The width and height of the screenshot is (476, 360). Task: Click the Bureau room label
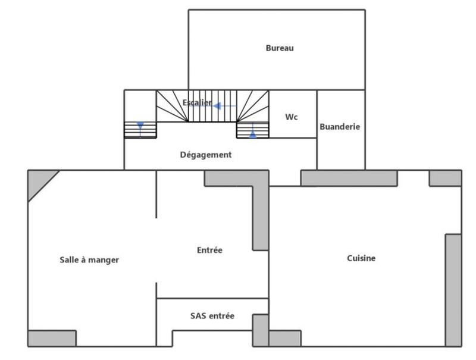(x=279, y=48)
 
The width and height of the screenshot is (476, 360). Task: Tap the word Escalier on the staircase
(x=197, y=102)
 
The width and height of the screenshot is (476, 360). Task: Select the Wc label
(x=291, y=117)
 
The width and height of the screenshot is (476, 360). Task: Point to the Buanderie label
(x=340, y=127)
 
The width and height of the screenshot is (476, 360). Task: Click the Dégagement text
(x=205, y=155)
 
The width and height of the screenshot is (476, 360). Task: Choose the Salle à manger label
(x=89, y=259)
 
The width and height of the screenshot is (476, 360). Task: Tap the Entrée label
(x=209, y=250)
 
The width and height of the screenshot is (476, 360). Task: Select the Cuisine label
(x=361, y=258)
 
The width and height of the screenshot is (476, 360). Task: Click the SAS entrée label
(x=212, y=316)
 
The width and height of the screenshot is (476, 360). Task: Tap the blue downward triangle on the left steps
(x=140, y=126)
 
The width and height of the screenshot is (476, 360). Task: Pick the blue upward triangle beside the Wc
(x=253, y=134)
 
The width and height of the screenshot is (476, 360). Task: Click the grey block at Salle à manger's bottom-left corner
(x=52, y=338)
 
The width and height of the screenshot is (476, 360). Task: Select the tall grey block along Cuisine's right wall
(x=453, y=289)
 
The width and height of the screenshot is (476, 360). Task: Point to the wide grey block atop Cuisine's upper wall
(x=349, y=178)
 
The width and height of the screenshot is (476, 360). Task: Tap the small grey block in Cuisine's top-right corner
(x=445, y=178)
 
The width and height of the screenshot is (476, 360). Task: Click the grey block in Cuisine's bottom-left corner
(x=284, y=338)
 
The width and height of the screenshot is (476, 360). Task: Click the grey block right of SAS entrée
(x=261, y=330)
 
